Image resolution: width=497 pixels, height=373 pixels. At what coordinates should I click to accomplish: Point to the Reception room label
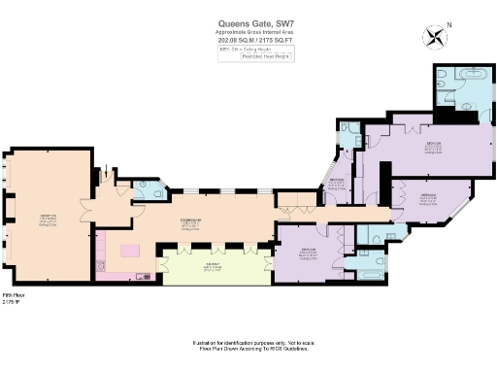tap(47, 218)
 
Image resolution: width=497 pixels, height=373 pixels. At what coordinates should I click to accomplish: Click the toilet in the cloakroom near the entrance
tap(144, 190)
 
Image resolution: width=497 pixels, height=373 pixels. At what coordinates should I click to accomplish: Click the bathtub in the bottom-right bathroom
tap(370, 275)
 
